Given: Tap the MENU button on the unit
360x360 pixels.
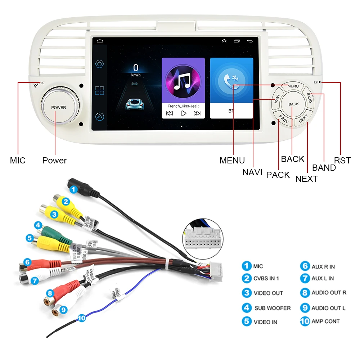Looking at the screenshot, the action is tap(293, 86).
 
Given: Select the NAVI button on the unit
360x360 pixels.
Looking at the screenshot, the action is tap(277, 98).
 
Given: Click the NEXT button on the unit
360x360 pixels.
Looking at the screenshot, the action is tap(303, 118).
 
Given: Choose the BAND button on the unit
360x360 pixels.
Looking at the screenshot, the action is tap(309, 98).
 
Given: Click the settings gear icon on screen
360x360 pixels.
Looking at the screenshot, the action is tap(100, 64).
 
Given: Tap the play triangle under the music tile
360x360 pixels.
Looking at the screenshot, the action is tap(184, 113).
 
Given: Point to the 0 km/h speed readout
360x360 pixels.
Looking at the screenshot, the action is tap(135, 70).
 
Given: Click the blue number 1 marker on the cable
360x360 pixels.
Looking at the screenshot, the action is tap(73, 189).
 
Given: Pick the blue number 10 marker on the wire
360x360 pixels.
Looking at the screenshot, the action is tap(82, 318).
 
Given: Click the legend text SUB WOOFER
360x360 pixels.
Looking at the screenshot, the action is tap(273, 308).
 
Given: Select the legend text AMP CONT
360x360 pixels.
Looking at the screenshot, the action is tap(325, 321).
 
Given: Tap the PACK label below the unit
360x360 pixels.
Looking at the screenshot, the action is tap(278, 175).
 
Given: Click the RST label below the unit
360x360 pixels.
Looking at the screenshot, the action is tap(342, 161).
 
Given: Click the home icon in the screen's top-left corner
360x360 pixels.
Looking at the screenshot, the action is tap(100, 41).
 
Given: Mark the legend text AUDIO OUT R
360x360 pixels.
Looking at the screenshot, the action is tap(329, 293).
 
